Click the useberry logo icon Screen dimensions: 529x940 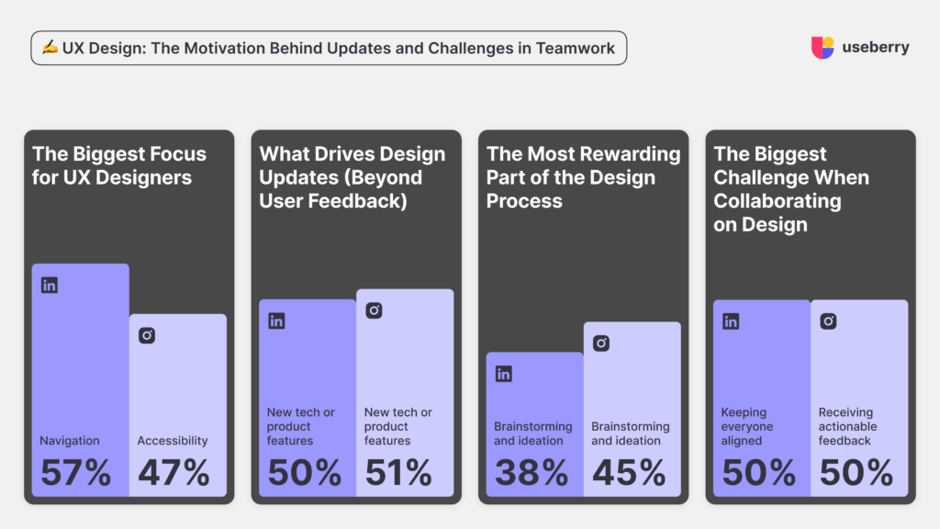coord(822,48)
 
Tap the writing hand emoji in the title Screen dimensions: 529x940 coord(48,48)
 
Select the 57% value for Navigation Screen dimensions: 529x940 coord(75,472)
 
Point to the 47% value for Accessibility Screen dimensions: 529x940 coord(173,472)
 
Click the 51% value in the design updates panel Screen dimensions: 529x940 coord(398,472)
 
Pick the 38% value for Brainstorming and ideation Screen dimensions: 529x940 coord(531,472)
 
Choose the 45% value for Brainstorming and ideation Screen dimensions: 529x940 coord(629,472)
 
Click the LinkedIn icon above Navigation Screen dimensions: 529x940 coord(50,285)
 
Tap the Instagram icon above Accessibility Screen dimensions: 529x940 coord(147,335)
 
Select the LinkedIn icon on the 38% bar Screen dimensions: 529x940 coord(503,374)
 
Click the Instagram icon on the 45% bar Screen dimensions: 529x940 coord(601,343)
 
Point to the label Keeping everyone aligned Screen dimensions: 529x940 coord(747,426)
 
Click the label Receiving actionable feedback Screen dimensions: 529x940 coord(845,426)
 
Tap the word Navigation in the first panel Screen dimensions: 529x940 coord(70,441)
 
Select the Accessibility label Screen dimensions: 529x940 coord(173,441)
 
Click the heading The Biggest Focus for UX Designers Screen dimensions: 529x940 coord(119,165)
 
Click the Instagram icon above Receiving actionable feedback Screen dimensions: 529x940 coord(828,321)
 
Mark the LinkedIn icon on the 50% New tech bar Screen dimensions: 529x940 coord(276,321)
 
